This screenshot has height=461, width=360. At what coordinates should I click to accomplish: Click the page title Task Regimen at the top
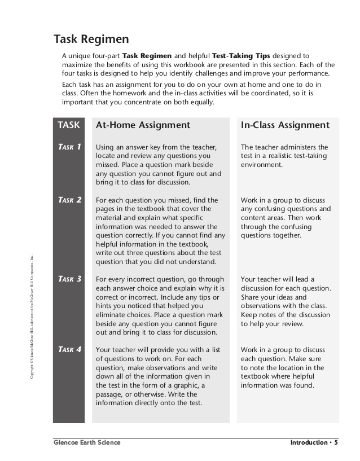(91, 39)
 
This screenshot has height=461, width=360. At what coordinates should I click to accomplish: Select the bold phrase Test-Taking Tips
(241, 56)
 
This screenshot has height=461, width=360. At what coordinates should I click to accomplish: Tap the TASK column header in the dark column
(69, 125)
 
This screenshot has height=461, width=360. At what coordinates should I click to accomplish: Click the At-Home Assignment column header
(143, 125)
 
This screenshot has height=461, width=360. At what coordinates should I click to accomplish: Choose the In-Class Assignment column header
(285, 125)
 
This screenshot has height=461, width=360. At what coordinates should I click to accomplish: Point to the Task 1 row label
(69, 147)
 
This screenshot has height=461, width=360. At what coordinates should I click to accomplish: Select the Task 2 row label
(69, 200)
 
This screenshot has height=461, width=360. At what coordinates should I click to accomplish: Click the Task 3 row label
(69, 279)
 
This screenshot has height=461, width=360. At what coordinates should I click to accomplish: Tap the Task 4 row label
(69, 349)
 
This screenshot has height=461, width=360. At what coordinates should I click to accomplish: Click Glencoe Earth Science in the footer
(87, 442)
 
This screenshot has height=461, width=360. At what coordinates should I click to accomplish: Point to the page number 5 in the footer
(336, 442)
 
